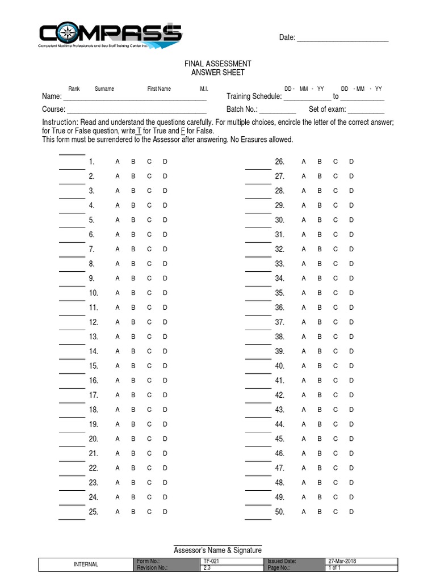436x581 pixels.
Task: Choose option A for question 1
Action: (118, 162)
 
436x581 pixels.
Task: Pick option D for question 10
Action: (165, 293)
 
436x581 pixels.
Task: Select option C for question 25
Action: (149, 512)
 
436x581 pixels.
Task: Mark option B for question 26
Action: (319, 162)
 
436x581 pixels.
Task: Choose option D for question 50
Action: (351, 512)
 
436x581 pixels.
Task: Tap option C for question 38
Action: (336, 337)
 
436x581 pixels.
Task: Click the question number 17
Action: (94, 395)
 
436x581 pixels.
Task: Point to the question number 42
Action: (279, 395)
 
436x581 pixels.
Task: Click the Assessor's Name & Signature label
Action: (217, 550)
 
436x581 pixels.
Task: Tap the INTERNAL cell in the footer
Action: (86, 565)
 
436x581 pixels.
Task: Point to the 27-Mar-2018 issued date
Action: (343, 561)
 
